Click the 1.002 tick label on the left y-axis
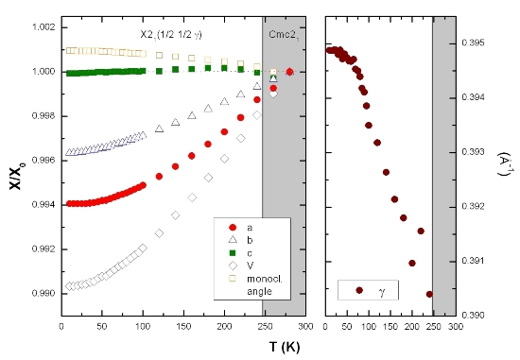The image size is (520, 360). pyautogui.click(x=41, y=26)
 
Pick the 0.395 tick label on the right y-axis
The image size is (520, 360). pyautogui.click(x=477, y=43)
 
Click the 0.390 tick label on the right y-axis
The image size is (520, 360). pyautogui.click(x=477, y=315)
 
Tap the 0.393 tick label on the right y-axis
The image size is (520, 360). pyautogui.click(x=477, y=152)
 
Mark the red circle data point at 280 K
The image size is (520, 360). pyautogui.click(x=289, y=72)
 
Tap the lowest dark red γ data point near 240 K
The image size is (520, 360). pyautogui.click(x=429, y=294)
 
